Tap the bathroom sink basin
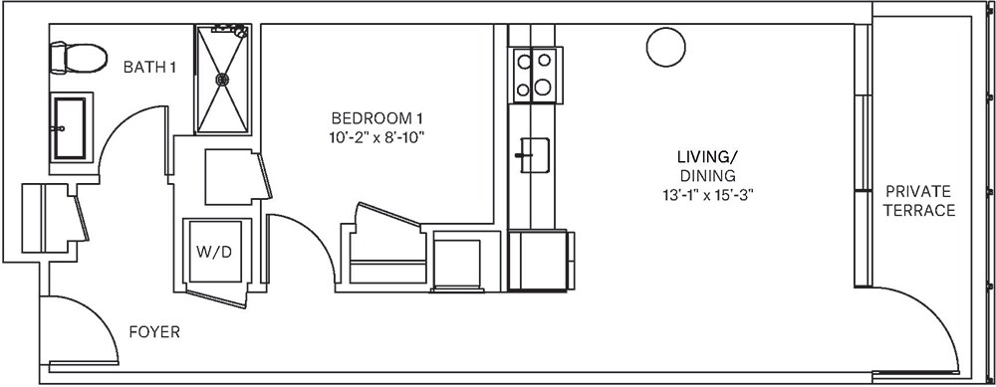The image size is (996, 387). (x=70, y=126)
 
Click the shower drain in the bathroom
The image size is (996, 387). (x=221, y=78)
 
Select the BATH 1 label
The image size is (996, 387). (x=149, y=68)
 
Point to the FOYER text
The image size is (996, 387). (x=154, y=332)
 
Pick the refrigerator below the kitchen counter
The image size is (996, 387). (x=538, y=261)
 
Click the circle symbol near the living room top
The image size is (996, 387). (x=662, y=46)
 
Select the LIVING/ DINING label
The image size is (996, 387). (x=709, y=166)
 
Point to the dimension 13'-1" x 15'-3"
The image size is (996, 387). (x=709, y=194)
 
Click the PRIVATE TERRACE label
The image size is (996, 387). (x=918, y=201)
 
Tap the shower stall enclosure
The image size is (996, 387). (x=223, y=79)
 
